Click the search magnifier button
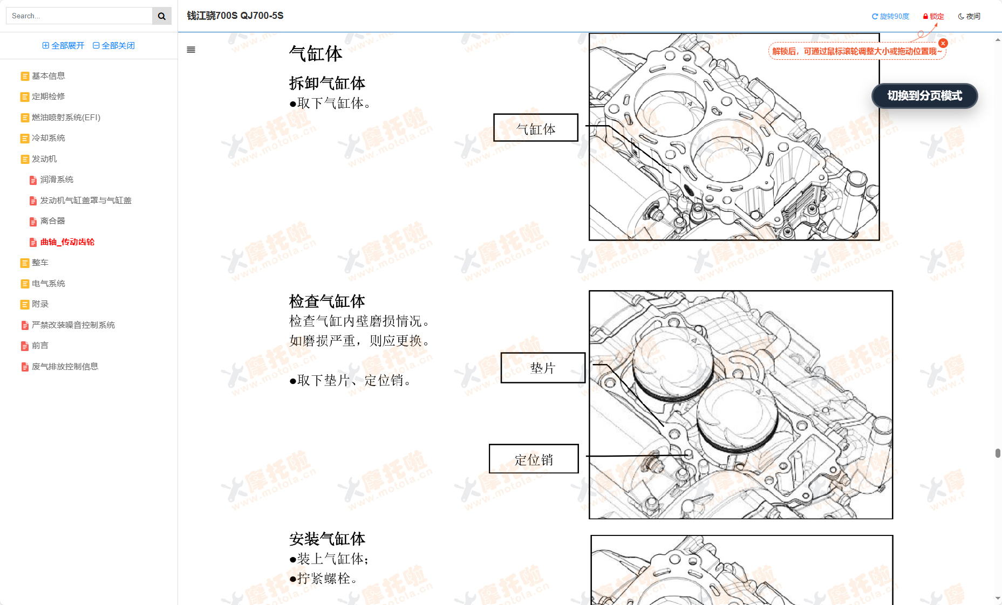click(x=161, y=16)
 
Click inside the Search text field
click(x=79, y=16)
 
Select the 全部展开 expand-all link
click(x=64, y=46)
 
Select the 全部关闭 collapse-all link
click(x=114, y=46)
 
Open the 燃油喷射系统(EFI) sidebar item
click(x=66, y=118)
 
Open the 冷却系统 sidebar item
click(x=48, y=138)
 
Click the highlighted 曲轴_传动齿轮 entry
click(x=67, y=242)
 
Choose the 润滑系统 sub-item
click(x=57, y=180)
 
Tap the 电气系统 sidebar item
click(x=48, y=284)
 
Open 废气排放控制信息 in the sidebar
click(x=65, y=367)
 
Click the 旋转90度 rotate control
click(x=890, y=17)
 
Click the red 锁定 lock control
click(x=933, y=17)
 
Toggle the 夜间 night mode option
click(x=969, y=17)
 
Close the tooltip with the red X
click(x=943, y=43)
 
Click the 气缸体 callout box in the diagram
click(x=536, y=128)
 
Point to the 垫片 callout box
click(x=543, y=368)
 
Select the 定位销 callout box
click(x=534, y=459)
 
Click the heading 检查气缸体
click(x=327, y=301)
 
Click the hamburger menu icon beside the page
click(x=191, y=50)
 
